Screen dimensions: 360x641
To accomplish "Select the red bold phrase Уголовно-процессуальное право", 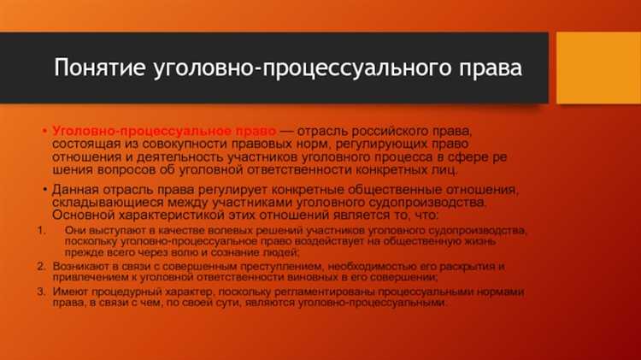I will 163,131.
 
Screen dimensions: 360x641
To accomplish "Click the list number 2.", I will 41,266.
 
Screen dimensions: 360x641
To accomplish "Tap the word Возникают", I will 79,266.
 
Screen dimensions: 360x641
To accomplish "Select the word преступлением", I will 241,266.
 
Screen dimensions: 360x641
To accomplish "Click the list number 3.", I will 41,292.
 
